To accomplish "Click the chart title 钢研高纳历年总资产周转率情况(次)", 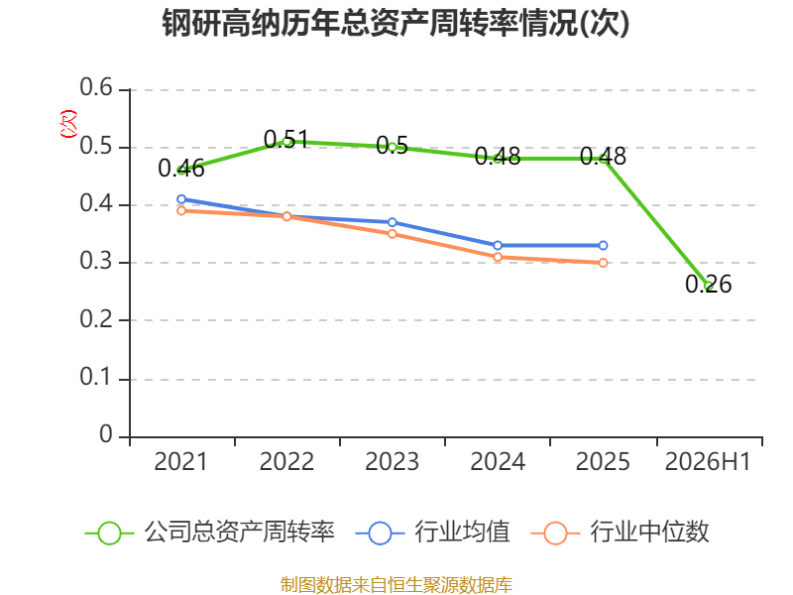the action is (396, 23).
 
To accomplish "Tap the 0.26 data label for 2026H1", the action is (708, 284).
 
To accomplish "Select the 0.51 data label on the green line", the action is (286, 139).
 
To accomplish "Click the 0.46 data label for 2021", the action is (181, 169).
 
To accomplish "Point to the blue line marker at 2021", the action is (181, 199).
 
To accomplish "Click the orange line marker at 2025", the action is (603, 263).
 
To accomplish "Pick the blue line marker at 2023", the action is (392, 222).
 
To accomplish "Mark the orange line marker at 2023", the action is (392, 234).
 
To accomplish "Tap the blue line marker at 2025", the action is (603, 245).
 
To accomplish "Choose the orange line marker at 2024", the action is (498, 257).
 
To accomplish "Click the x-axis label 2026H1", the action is (708, 461).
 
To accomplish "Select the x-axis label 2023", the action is (392, 461).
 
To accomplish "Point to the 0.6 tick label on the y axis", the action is (96, 87).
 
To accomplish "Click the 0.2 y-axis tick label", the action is (96, 319).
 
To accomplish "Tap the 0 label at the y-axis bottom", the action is (106, 434).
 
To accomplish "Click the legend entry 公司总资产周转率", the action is (210, 533).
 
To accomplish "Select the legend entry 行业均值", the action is (433, 533).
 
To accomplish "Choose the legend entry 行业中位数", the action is (621, 533).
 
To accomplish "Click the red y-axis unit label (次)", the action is (68, 124).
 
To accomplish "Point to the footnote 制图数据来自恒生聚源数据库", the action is (396, 585).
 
